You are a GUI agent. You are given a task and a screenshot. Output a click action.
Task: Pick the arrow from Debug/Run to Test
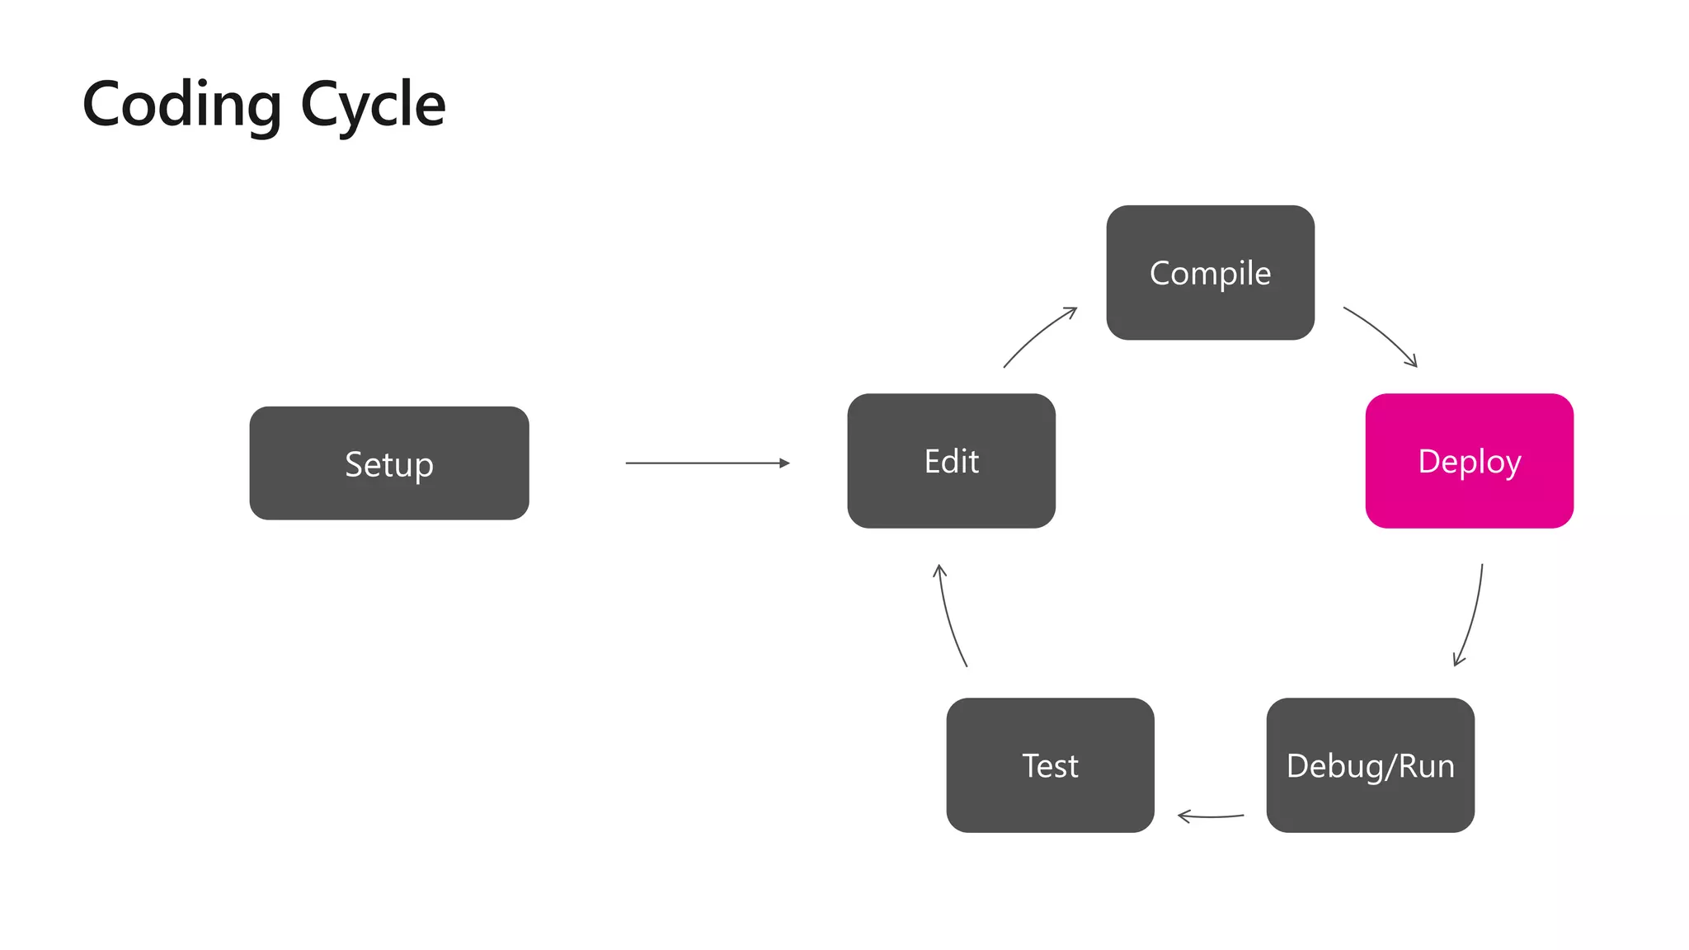[1211, 816]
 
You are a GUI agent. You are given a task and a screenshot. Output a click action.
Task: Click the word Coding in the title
[182, 106]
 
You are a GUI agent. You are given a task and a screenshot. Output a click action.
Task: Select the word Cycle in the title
[373, 106]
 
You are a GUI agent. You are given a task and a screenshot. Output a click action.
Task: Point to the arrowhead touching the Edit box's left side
[784, 463]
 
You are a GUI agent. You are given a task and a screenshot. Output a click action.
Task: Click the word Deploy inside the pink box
[1469, 462]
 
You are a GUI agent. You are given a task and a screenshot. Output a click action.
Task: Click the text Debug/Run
[1370, 766]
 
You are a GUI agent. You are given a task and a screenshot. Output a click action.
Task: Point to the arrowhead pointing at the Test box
[1183, 816]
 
